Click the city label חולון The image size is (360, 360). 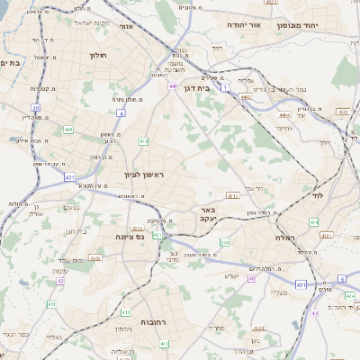tap(98, 55)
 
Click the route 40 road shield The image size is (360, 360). tap(252, 279)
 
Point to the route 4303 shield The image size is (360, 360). tap(95, 256)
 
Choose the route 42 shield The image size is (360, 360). tap(60, 281)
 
